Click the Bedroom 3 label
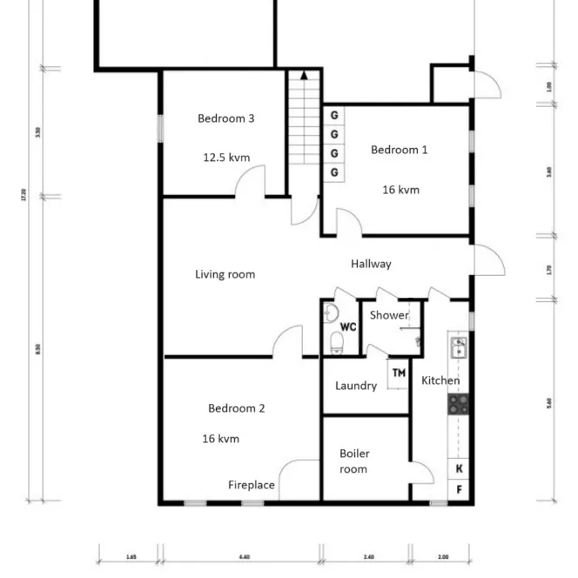click(x=225, y=118)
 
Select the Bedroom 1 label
click(x=399, y=150)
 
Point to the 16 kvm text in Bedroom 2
click(x=220, y=439)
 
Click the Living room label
click(x=225, y=274)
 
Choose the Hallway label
click(x=371, y=264)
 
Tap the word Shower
click(x=388, y=315)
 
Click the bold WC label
click(x=349, y=327)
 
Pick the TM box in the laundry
click(x=399, y=373)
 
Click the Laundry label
click(x=356, y=386)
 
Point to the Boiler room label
click(x=353, y=461)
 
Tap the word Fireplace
click(x=252, y=485)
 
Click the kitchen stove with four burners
click(x=458, y=403)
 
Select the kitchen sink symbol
click(x=458, y=348)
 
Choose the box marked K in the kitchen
click(x=459, y=468)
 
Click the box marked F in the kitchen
click(x=459, y=490)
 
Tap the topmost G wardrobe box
click(x=334, y=115)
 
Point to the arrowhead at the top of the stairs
click(x=304, y=76)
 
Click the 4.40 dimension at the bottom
click(x=243, y=556)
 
